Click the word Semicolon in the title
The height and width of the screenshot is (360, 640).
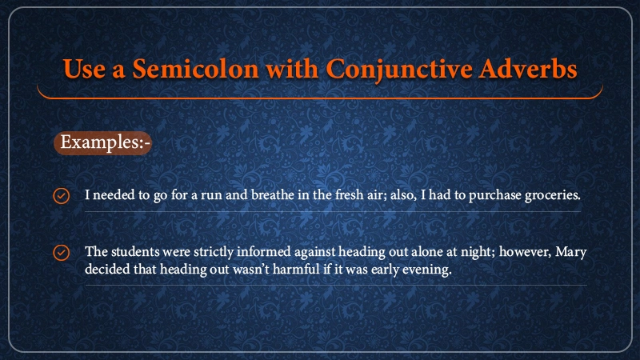click(x=195, y=68)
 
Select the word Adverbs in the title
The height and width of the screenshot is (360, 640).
click(x=528, y=68)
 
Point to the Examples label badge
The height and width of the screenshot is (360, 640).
click(x=103, y=143)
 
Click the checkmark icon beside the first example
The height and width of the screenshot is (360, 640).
click(x=62, y=195)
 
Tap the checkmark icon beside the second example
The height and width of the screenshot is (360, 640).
click(x=62, y=252)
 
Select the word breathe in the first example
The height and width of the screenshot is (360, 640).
click(x=273, y=194)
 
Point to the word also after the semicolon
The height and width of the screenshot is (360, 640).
click(x=403, y=195)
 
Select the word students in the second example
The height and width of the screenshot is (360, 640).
click(x=135, y=251)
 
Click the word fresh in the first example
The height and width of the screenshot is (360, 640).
click(x=349, y=194)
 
